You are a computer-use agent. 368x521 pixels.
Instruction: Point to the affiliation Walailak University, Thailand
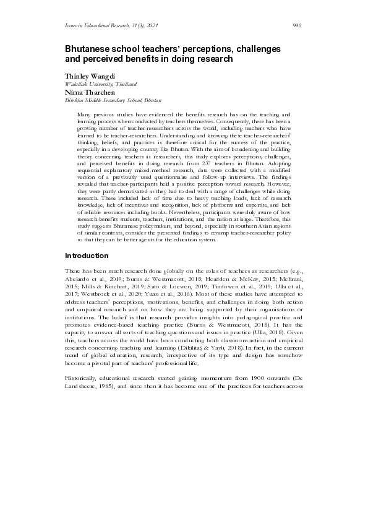[101, 84]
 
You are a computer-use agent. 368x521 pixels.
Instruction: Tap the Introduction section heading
[87, 256]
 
